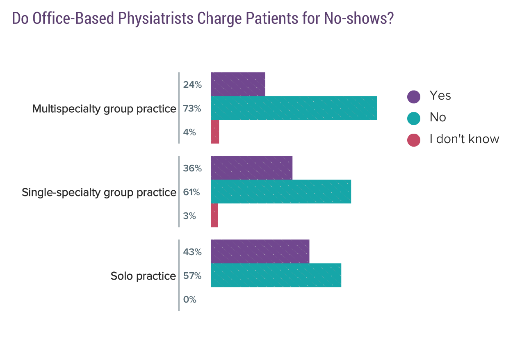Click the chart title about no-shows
(x=203, y=18)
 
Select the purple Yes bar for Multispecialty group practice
(x=238, y=84)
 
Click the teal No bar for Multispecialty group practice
(x=294, y=108)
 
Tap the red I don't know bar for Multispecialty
(x=215, y=132)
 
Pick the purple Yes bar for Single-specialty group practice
(x=251, y=168)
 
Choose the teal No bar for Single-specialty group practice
(x=280, y=191)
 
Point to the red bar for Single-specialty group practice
(x=214, y=215)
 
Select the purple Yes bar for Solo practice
(x=260, y=251)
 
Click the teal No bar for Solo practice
(x=276, y=275)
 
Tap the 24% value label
(x=192, y=85)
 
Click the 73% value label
(x=192, y=109)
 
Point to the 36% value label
(x=192, y=169)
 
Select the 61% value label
(x=192, y=192)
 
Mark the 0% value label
(x=190, y=300)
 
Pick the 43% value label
(x=192, y=252)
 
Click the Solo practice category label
(x=143, y=276)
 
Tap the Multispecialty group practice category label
(x=104, y=109)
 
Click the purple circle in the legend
(x=414, y=97)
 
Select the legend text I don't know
(x=464, y=139)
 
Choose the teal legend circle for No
(x=414, y=118)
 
